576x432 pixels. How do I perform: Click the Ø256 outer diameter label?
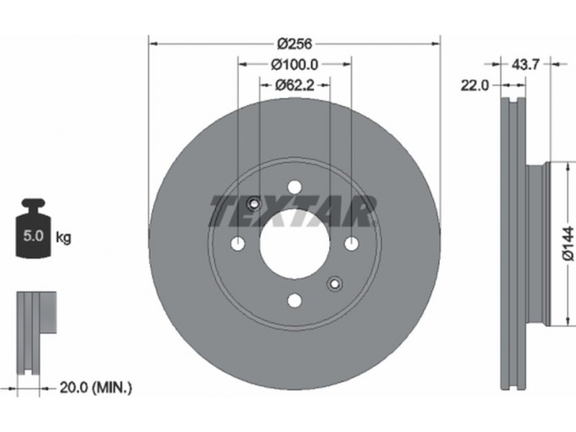pos(294,44)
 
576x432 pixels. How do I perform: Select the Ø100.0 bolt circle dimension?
pos(294,65)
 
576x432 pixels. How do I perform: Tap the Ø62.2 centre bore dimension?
pos(294,86)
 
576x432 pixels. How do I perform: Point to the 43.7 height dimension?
pos(526,65)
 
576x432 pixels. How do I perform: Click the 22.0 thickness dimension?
pos(475,86)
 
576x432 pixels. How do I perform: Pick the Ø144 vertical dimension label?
pos(567,243)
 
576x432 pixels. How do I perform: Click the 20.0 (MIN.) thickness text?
pos(96,387)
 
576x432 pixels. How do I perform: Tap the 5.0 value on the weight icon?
pos(33,235)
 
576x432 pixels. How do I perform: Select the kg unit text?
pos(63,238)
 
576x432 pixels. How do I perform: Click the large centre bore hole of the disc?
pos(294,243)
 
